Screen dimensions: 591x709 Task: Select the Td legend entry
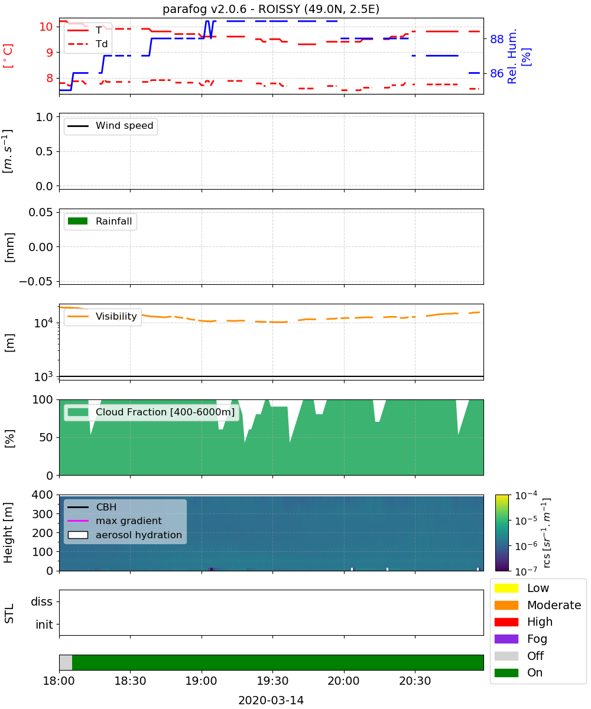(x=87, y=44)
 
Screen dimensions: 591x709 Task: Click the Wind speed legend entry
(x=111, y=126)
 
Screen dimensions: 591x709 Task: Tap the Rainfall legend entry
(x=99, y=221)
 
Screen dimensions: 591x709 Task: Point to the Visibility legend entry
(x=102, y=316)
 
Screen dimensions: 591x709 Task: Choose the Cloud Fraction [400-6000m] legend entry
(x=151, y=412)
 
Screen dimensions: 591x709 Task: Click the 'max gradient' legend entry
(x=115, y=521)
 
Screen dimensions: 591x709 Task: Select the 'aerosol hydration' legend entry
(x=125, y=535)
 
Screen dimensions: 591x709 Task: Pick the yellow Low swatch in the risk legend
(x=506, y=588)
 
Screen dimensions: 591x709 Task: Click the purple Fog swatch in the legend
(x=506, y=639)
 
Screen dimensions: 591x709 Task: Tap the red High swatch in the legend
(x=506, y=622)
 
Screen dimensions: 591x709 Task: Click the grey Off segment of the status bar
(x=66, y=662)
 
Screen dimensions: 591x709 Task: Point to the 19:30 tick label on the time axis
(x=272, y=681)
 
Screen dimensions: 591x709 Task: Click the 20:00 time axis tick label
(x=343, y=681)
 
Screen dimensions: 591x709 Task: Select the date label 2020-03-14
(x=271, y=700)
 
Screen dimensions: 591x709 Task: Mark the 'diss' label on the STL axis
(x=41, y=601)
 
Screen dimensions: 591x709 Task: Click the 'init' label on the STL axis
(x=44, y=625)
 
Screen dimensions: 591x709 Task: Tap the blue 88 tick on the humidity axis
(x=496, y=39)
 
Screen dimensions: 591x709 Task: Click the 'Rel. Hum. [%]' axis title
(x=518, y=56)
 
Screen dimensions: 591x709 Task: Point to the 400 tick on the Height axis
(x=42, y=495)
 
